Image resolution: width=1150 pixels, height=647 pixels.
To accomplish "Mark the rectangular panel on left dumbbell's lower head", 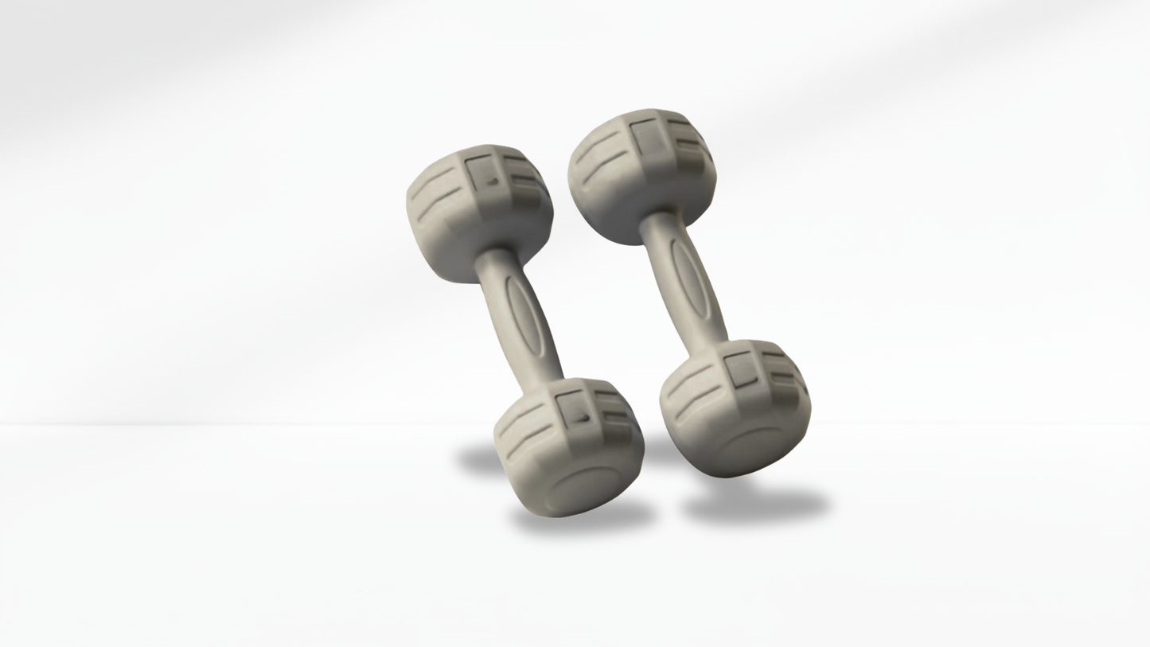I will coord(573,409).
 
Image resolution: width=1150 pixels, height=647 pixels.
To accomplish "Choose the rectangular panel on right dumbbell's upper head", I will coord(646,137).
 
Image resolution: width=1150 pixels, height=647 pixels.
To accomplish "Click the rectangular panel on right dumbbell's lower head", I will coord(741,369).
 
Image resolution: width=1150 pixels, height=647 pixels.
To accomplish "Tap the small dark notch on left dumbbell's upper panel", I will coord(493,182).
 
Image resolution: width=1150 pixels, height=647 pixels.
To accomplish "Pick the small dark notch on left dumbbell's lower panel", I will coord(584,417).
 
